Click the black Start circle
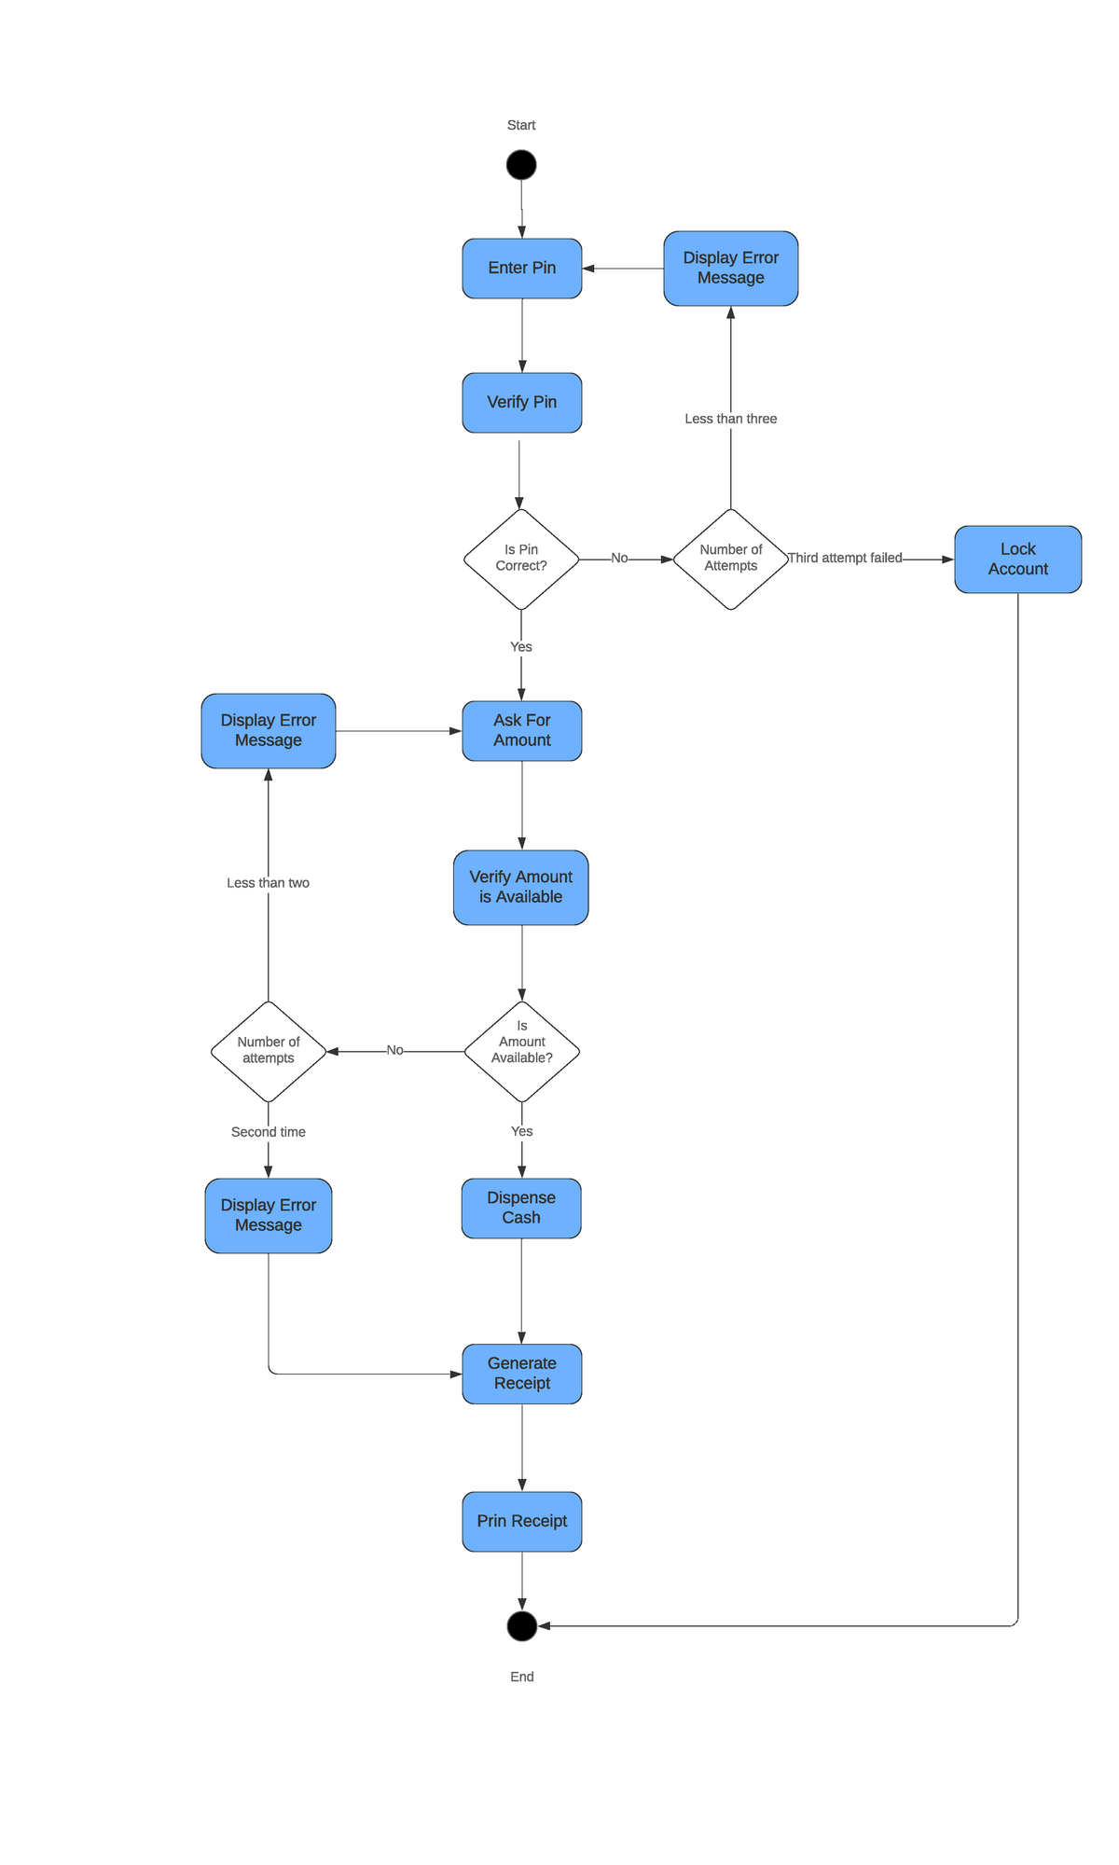coord(521,165)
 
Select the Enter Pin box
coord(521,269)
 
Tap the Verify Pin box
coord(521,403)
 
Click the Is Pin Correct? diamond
coord(521,559)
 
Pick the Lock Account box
coord(1017,559)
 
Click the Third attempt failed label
coord(845,558)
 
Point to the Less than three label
coord(730,419)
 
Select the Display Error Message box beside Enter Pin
coord(730,269)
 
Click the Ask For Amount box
coord(521,731)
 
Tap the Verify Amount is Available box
coord(521,888)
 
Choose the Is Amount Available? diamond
coord(521,1052)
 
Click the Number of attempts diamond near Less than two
coord(269,1052)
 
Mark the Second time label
coord(269,1132)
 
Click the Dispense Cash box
coord(521,1209)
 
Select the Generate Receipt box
coord(521,1374)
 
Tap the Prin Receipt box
coord(521,1522)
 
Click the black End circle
coord(521,1626)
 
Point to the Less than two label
coord(269,883)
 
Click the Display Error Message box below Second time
coord(269,1216)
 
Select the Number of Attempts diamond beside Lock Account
coord(730,559)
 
